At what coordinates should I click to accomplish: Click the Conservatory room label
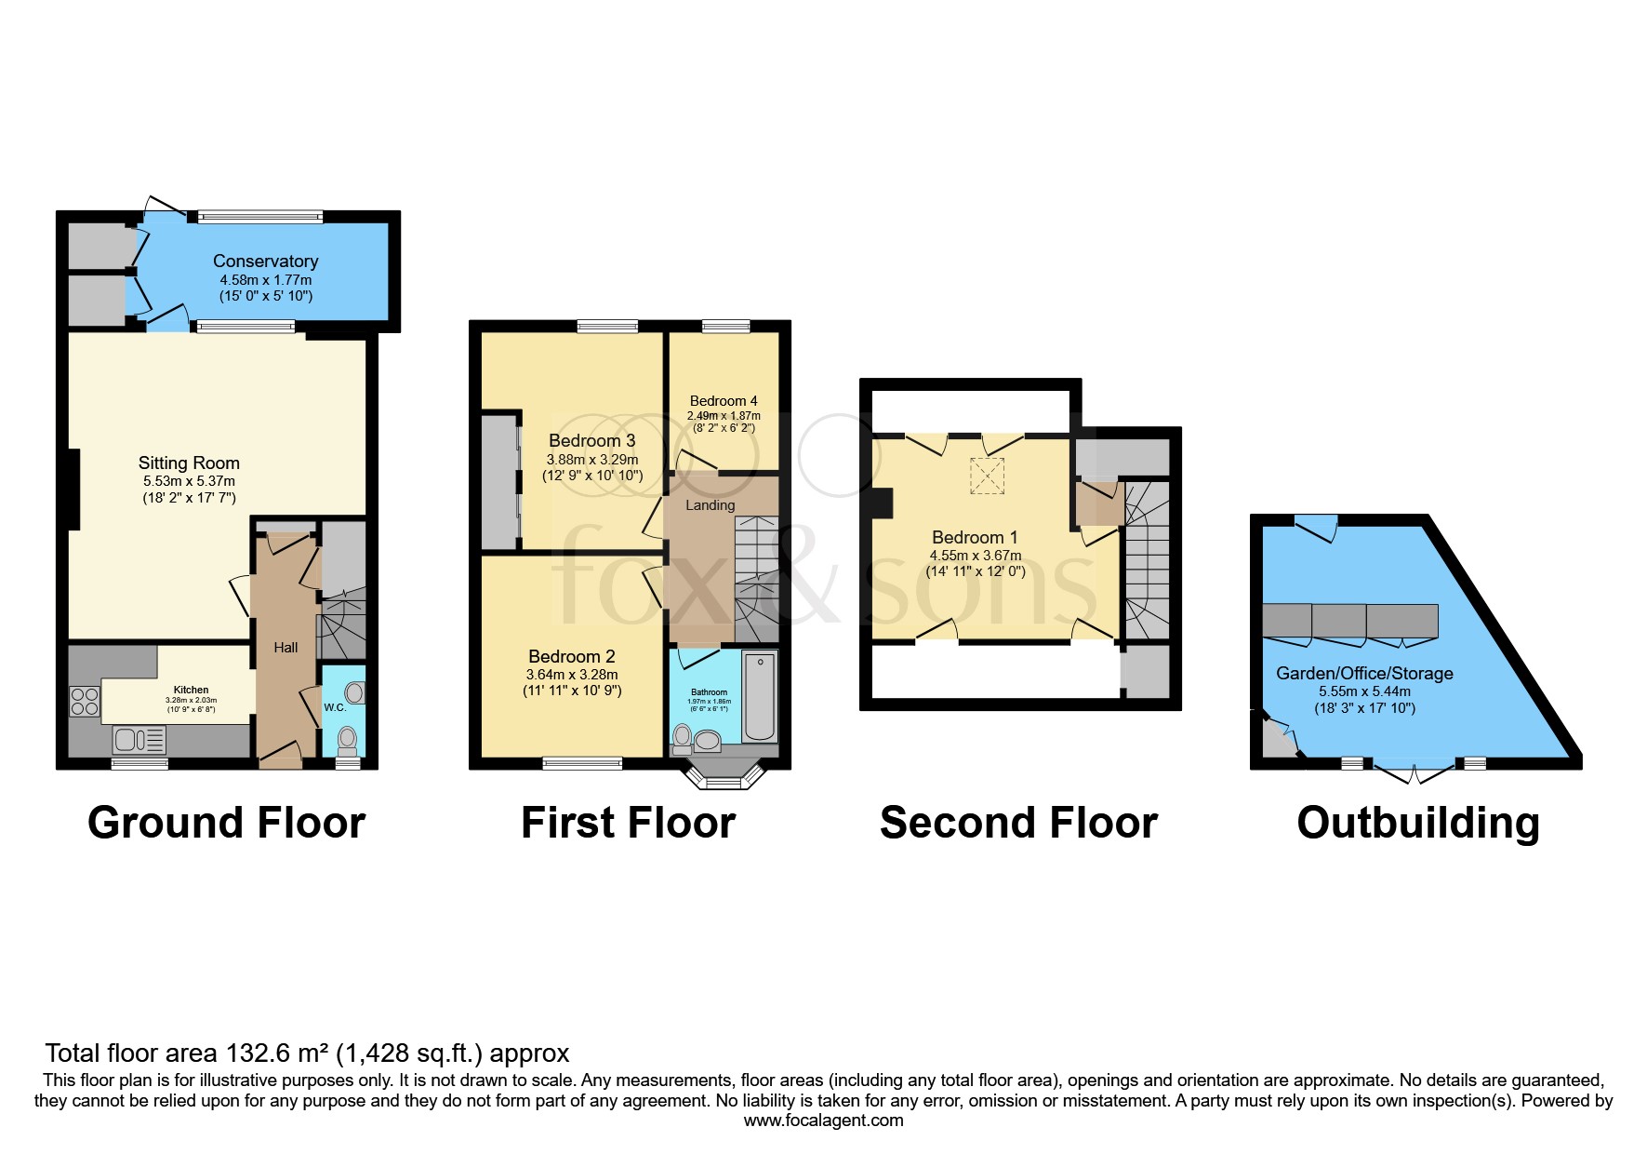pos(265,262)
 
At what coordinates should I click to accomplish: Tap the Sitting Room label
pos(189,463)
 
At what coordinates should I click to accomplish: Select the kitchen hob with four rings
pos(85,701)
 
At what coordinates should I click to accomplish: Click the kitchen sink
pos(139,741)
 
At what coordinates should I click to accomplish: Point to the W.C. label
pos(335,707)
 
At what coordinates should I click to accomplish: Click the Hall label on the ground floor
pos(286,648)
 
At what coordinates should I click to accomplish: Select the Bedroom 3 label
pos(591,440)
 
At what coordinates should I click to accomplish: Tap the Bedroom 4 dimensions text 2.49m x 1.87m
pos(724,416)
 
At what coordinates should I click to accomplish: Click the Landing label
pos(710,505)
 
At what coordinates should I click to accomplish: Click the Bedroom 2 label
pos(571,656)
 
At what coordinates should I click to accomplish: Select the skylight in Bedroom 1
pos(988,476)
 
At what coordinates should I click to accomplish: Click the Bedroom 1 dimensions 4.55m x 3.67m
pos(976,556)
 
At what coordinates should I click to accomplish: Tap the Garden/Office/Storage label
pos(1364,673)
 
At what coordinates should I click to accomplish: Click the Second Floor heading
pos(1018,823)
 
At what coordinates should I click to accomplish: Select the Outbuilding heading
pos(1418,823)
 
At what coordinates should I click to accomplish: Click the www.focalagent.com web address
pos(823,1120)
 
